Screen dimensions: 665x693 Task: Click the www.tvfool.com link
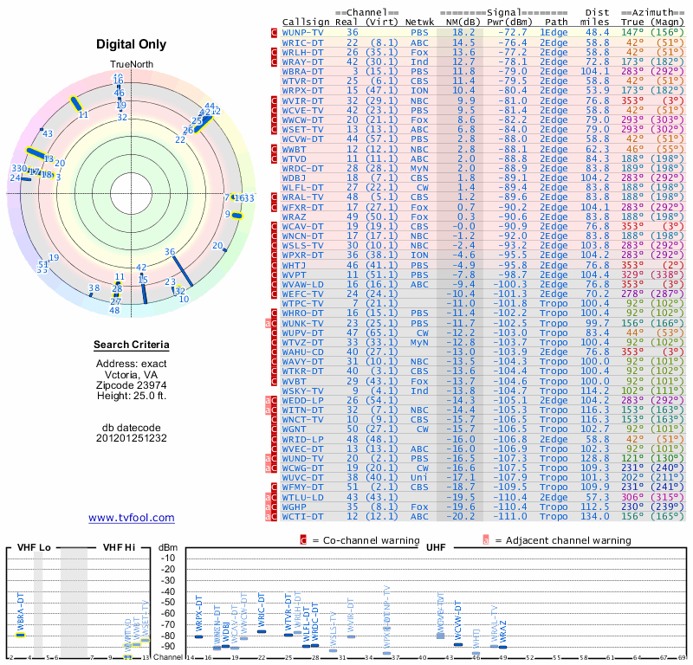[132, 518]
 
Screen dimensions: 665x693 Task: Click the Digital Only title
[132, 44]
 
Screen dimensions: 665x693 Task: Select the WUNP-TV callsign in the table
[303, 32]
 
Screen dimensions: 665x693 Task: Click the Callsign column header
[307, 22]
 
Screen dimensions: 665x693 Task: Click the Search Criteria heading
[132, 345]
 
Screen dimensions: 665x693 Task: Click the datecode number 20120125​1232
[132, 438]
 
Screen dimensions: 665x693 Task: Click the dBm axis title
[166, 548]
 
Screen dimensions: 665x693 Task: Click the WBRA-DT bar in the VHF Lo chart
[21, 635]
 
